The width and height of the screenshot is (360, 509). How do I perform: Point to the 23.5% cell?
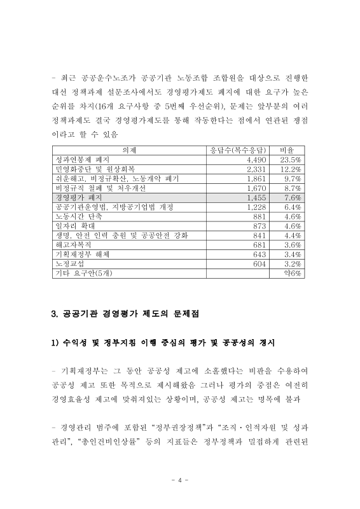click(x=290, y=160)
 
